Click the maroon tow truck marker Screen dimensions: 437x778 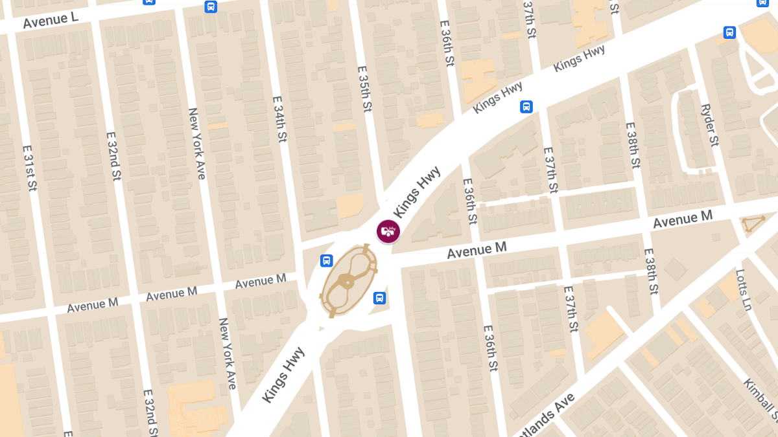[x=388, y=231]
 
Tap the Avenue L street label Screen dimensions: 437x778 [x=51, y=21]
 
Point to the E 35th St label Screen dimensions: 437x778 [x=366, y=88]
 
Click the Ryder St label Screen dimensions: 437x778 [x=710, y=125]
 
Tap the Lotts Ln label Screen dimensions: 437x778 [x=744, y=289]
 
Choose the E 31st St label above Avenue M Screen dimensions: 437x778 [x=30, y=167]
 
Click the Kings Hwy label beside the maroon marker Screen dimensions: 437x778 [x=417, y=192]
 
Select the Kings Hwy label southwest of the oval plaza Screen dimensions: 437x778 [x=284, y=375]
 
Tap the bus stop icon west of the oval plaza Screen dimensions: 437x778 [x=327, y=261]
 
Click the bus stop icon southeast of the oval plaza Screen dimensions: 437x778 [x=379, y=298]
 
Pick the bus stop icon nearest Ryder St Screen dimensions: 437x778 [x=729, y=32]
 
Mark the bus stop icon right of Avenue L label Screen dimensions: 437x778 [x=211, y=6]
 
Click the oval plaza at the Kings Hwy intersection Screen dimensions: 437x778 [x=348, y=280]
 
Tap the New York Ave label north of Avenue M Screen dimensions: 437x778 [x=196, y=143]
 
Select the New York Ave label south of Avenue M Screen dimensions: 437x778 [x=228, y=353]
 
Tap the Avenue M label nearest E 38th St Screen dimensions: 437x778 [x=682, y=219]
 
